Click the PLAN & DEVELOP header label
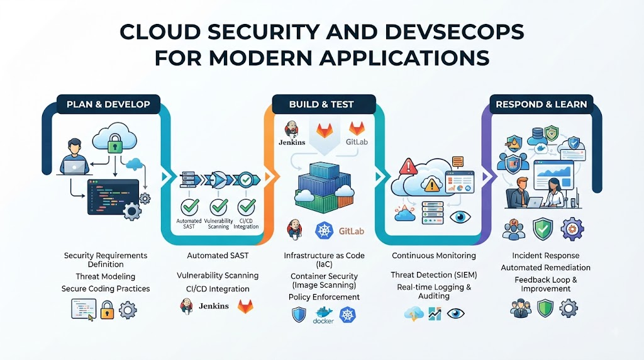[x=108, y=104]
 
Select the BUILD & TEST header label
[x=321, y=104]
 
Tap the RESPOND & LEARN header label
[x=541, y=104]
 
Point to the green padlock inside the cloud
[x=115, y=143]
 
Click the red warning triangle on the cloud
[x=408, y=166]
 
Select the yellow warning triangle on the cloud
[x=431, y=185]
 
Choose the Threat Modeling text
[x=106, y=276]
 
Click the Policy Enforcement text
[x=324, y=297]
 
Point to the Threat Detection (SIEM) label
[x=434, y=275]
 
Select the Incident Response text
[x=545, y=256]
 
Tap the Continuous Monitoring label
[x=434, y=256]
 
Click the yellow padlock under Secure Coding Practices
[x=107, y=310]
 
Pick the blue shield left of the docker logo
[x=299, y=315]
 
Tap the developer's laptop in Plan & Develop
[x=75, y=167]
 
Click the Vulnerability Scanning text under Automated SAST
[x=218, y=275]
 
